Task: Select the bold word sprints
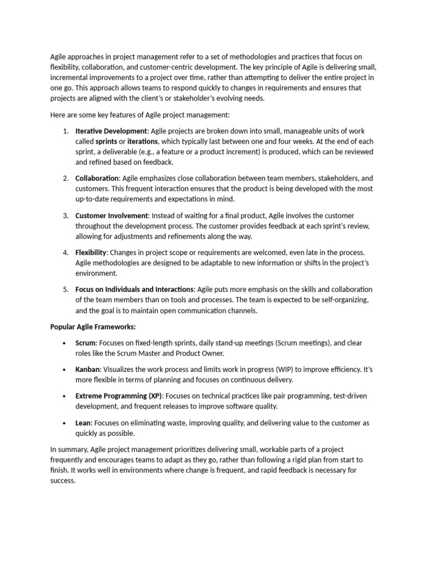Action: pyautogui.click(x=106, y=141)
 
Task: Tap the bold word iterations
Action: pyautogui.click(x=142, y=141)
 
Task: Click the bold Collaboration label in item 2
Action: pyautogui.click(x=97, y=178)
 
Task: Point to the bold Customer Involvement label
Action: pyautogui.click(x=111, y=215)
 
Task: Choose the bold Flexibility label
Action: pyautogui.click(x=90, y=252)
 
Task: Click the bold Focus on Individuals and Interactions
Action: pyautogui.click(x=134, y=289)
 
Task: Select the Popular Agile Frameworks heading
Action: pyautogui.click(x=93, y=326)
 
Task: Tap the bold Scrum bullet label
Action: pyautogui.click(x=86, y=342)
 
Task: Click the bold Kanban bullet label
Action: pyautogui.click(x=88, y=369)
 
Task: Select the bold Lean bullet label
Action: pyautogui.click(x=84, y=422)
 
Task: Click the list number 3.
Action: pyautogui.click(x=65, y=215)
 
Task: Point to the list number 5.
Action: pyautogui.click(x=65, y=289)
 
